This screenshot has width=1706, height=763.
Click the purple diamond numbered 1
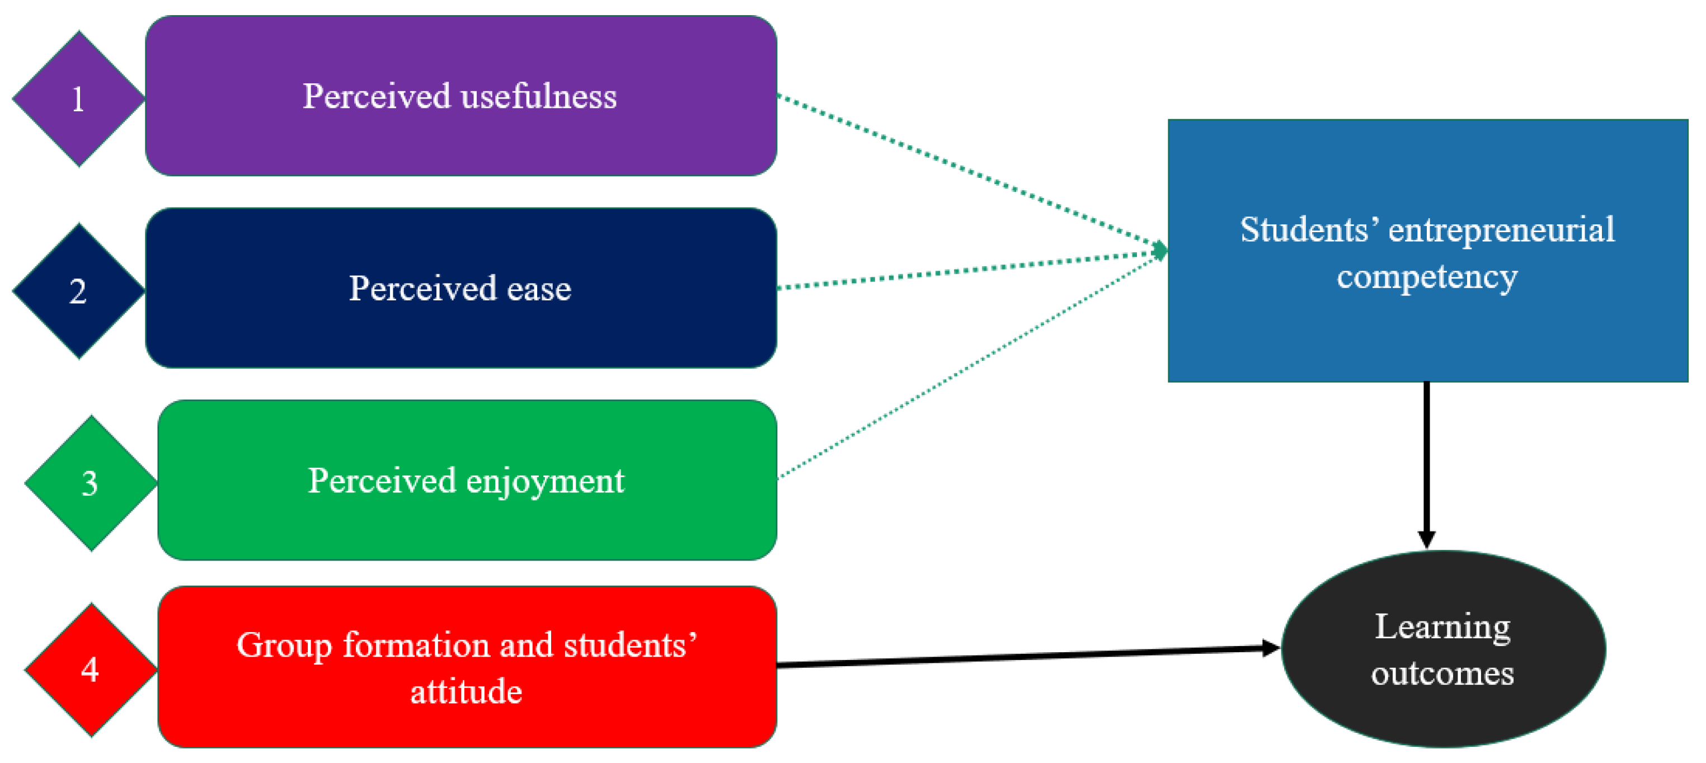(x=78, y=98)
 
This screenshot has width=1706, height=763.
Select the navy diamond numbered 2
(x=78, y=291)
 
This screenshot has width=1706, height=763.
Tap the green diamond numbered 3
(x=91, y=483)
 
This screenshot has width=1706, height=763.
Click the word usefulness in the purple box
(x=538, y=96)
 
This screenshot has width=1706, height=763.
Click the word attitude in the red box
(x=466, y=691)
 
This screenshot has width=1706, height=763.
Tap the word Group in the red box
(x=284, y=646)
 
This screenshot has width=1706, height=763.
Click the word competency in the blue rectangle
(x=1427, y=276)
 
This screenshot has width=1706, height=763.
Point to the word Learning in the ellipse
(x=1442, y=627)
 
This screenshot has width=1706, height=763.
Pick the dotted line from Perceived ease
(x=967, y=270)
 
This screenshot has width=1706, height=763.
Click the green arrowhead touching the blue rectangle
(x=1160, y=251)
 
